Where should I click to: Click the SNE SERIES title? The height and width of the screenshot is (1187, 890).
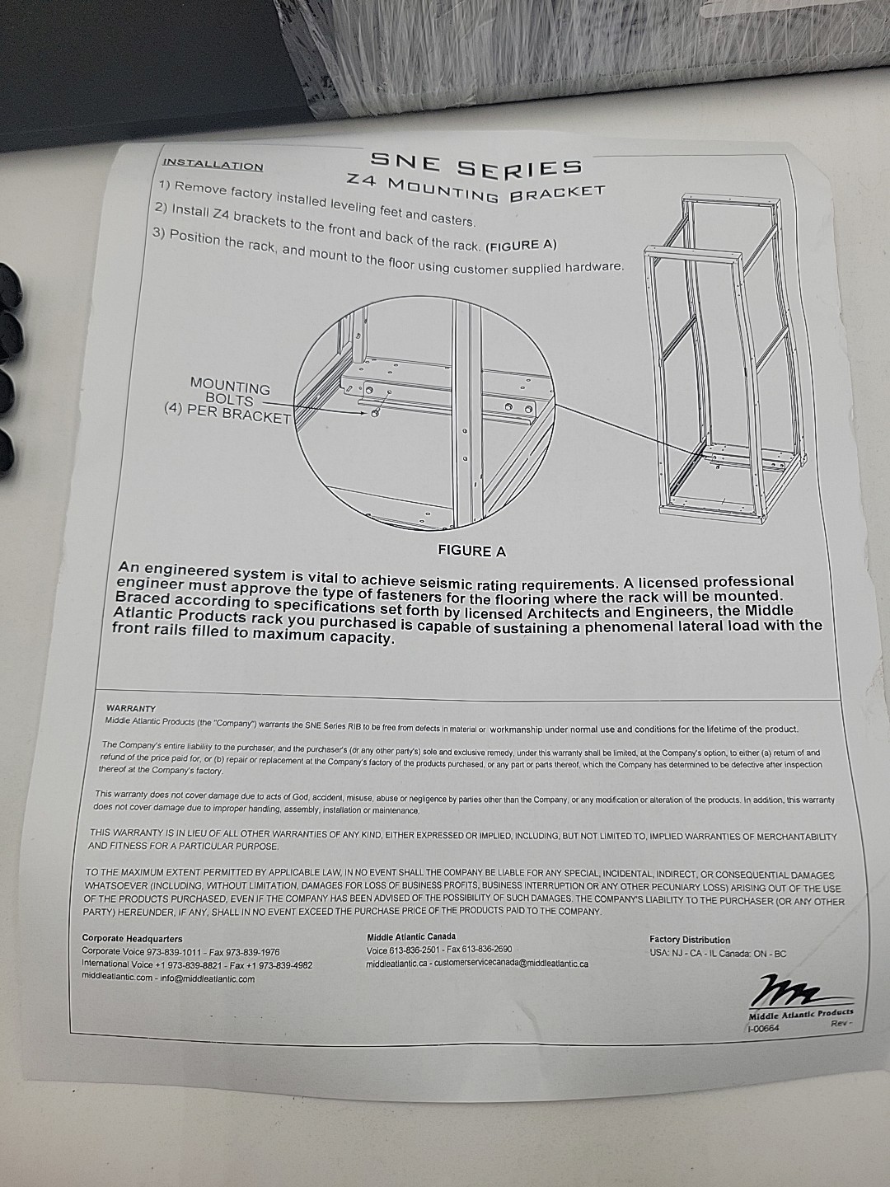click(x=476, y=163)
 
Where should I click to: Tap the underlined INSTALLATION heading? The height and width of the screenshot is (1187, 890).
click(x=213, y=164)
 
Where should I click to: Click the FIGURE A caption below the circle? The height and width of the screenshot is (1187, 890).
click(x=471, y=551)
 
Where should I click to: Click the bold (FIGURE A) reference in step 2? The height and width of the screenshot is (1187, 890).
click(x=521, y=246)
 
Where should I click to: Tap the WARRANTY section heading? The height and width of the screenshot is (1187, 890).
click(x=131, y=708)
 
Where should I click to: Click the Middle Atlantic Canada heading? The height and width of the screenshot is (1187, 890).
click(x=411, y=936)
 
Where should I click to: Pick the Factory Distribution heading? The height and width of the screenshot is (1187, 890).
click(x=690, y=941)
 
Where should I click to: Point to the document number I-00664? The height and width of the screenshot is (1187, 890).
click(x=763, y=1029)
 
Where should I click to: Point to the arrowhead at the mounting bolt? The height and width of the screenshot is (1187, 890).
click(x=367, y=413)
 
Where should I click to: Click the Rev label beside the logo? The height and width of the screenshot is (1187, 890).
click(x=841, y=1025)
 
